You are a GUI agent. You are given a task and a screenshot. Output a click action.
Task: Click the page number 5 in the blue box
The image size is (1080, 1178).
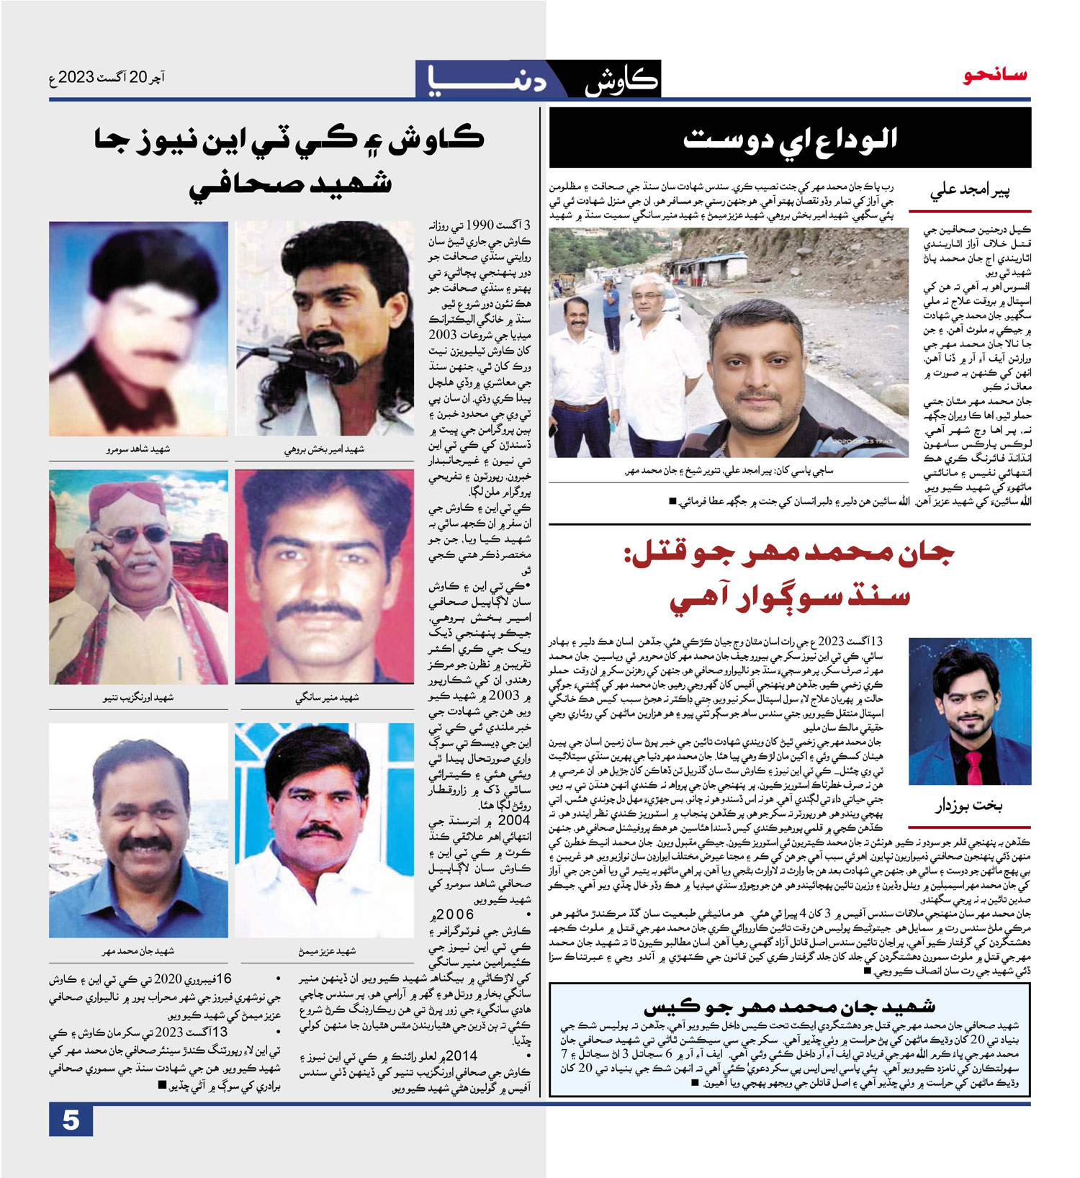click(x=71, y=1120)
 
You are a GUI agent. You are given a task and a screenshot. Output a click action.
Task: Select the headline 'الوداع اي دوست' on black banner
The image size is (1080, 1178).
click(x=790, y=139)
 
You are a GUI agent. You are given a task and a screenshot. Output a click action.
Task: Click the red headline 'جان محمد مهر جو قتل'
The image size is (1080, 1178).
click(x=790, y=553)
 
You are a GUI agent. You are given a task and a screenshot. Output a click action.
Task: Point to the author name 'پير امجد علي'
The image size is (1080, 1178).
click(x=970, y=192)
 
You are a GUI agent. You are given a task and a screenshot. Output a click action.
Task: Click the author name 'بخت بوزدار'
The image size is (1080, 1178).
click(x=968, y=806)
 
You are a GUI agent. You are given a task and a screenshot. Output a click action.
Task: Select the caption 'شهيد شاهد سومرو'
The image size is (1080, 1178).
click(x=138, y=449)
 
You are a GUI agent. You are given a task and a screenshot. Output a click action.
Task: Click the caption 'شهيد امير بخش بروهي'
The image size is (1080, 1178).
click(x=324, y=449)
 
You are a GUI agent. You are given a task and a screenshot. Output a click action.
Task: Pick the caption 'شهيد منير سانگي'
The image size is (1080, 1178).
click(x=327, y=697)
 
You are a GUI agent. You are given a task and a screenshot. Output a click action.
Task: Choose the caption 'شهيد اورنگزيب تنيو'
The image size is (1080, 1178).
click(x=138, y=697)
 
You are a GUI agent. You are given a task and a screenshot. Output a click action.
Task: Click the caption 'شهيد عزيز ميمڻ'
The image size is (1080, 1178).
click(x=327, y=951)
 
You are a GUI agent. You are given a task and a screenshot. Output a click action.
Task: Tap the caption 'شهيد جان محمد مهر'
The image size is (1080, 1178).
click(x=138, y=951)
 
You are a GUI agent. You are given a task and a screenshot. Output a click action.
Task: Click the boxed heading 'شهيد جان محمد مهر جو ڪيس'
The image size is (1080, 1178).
click(x=789, y=1006)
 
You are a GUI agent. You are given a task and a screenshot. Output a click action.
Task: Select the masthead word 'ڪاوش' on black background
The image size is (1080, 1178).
click(x=621, y=81)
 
